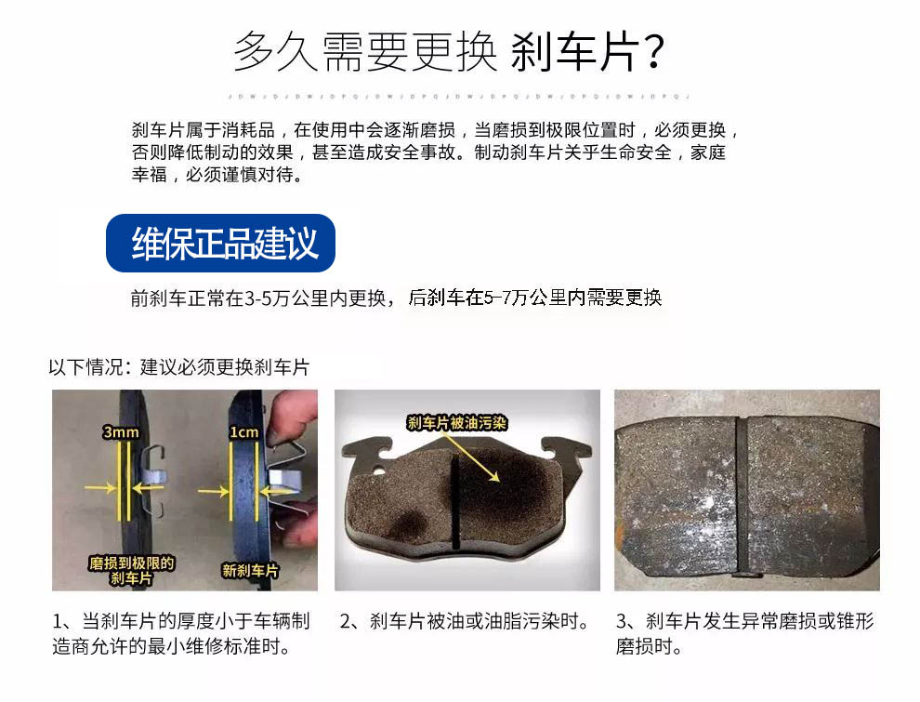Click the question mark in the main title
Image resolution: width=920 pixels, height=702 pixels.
click(x=651, y=52)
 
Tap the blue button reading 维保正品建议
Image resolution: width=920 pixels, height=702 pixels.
click(x=220, y=243)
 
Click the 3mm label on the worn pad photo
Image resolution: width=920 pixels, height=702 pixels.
click(x=121, y=432)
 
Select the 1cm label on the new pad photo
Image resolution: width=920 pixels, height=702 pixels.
click(x=243, y=432)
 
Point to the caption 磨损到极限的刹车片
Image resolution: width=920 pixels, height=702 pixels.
click(x=131, y=571)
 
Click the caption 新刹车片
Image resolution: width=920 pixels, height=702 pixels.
click(x=250, y=571)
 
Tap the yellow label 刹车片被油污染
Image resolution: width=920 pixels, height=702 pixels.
click(x=456, y=423)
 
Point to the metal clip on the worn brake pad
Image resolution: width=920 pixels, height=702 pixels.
click(x=152, y=478)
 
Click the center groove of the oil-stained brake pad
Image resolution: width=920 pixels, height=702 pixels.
click(x=454, y=502)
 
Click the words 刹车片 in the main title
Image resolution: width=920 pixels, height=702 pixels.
click(x=575, y=52)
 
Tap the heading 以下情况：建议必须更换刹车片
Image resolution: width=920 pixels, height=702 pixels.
click(x=179, y=367)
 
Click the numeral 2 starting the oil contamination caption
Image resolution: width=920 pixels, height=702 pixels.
click(x=346, y=621)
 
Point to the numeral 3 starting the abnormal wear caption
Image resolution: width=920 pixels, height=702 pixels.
click(x=622, y=621)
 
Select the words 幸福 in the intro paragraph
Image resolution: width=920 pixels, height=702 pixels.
click(x=149, y=175)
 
